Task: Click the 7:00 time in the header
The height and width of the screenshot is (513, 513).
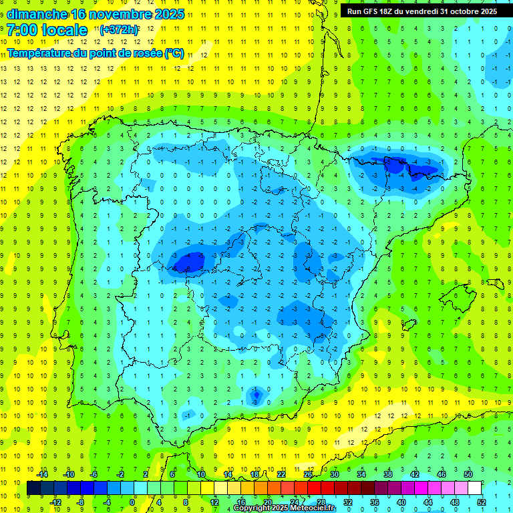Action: point(21,30)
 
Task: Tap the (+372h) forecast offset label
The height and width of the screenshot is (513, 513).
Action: point(119,30)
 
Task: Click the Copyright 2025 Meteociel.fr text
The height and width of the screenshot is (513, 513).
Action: point(284,508)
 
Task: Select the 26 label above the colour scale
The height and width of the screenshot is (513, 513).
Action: point(309,474)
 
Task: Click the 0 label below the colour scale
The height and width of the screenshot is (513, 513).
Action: point(132,502)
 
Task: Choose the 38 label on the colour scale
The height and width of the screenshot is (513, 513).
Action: point(388,474)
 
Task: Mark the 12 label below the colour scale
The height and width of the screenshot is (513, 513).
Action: point(214,502)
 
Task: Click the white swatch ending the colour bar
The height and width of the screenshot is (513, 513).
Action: point(475,488)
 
